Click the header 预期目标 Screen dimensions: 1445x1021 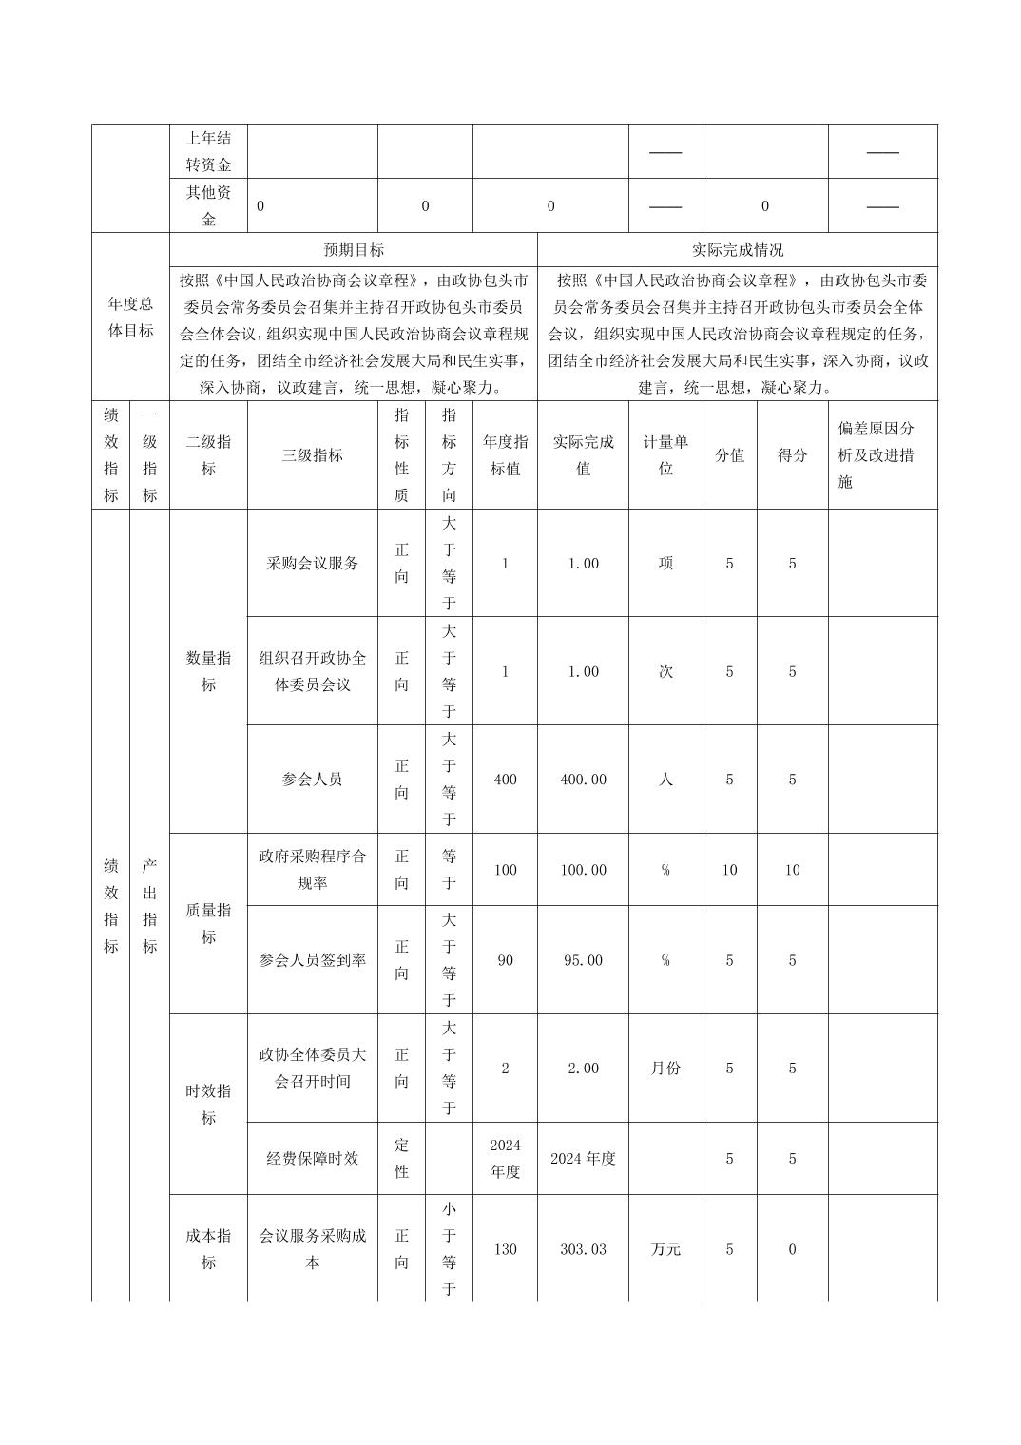354,250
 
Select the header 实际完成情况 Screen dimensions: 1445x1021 738,250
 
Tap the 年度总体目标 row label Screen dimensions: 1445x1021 130,318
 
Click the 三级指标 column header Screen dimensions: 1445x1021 313,455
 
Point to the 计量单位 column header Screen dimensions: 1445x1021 665,455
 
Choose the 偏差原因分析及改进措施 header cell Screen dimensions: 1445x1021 876,455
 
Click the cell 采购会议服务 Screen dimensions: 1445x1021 313,563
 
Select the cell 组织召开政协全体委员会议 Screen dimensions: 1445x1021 313,671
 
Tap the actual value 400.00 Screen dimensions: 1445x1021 583,780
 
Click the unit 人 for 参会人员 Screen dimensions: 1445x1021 665,780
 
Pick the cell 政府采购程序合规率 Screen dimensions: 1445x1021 313,870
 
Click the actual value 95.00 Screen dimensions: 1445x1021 583,960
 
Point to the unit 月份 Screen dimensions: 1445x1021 665,1069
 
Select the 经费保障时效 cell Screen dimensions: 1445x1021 313,1159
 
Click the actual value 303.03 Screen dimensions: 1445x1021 583,1249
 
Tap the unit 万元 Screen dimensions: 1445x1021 665,1249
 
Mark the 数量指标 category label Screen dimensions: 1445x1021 208,671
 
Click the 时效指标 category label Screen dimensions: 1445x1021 208,1105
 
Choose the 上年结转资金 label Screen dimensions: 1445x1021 208,151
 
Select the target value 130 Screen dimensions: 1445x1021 505,1249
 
